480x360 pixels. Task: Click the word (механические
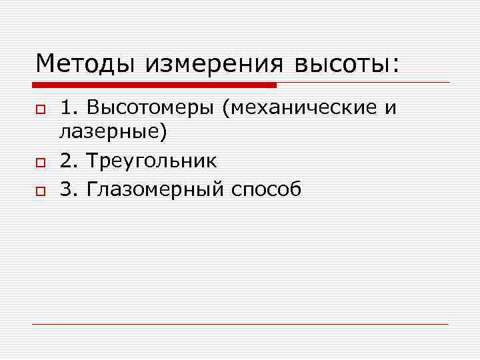click(297, 108)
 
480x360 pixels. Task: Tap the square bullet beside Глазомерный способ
click(40, 191)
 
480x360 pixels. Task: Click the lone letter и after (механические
click(390, 109)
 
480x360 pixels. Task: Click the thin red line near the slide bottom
click(240, 324)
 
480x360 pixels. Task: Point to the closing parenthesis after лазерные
click(163, 132)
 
